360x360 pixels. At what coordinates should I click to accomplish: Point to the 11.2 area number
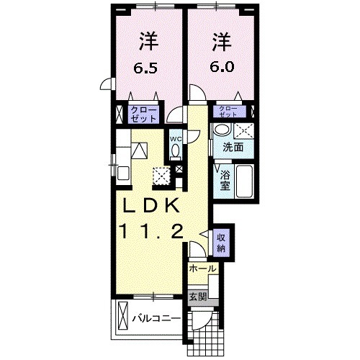pyautogui.click(x=156, y=231)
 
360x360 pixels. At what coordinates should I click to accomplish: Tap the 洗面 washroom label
pyautogui.click(x=231, y=147)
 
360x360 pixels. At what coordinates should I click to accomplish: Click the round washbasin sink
pyautogui.click(x=221, y=130)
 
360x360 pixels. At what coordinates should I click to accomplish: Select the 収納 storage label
pyautogui.click(x=222, y=241)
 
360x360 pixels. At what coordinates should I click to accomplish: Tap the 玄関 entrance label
pyautogui.click(x=197, y=296)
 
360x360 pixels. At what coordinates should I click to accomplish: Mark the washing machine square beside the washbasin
pyautogui.click(x=244, y=130)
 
